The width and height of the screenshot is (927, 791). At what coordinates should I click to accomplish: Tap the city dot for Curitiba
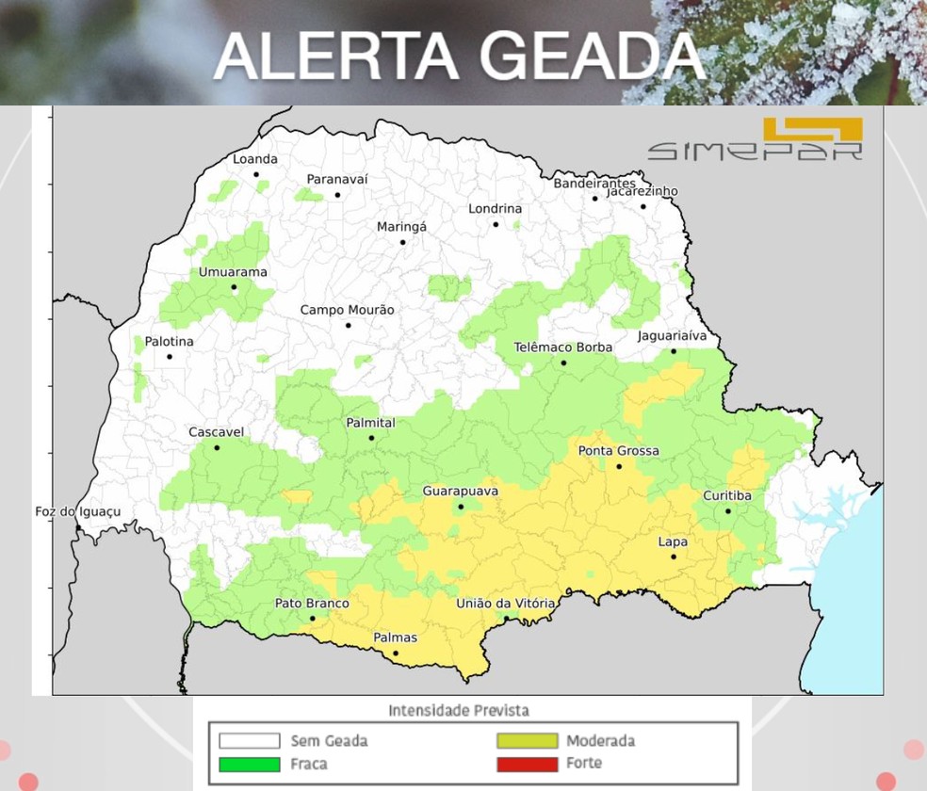point(728,511)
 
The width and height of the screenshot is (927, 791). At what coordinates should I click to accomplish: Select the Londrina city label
point(496,208)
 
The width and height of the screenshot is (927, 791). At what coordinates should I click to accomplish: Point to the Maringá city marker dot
point(402,242)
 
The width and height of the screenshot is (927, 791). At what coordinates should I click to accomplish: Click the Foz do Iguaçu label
point(78,511)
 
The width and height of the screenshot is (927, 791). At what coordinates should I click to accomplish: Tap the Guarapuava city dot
point(461,507)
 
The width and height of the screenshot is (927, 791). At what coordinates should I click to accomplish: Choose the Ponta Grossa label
point(618,451)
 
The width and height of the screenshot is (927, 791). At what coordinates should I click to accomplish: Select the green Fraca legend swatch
point(250,764)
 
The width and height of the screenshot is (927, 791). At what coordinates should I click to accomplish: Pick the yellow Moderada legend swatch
point(528,741)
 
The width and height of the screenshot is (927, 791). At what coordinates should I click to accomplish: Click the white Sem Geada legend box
point(250,741)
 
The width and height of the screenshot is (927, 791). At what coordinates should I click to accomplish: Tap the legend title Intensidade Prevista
point(459,710)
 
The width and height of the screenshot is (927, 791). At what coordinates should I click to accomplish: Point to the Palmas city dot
point(396,653)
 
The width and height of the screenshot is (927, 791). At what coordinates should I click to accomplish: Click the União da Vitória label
point(505,603)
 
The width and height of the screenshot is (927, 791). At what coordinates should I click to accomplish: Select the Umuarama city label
point(233,272)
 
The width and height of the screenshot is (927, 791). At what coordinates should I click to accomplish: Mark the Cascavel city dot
point(217,447)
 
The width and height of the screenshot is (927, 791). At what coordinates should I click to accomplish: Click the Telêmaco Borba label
point(563,347)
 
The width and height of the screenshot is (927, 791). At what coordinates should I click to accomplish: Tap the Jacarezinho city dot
point(643,206)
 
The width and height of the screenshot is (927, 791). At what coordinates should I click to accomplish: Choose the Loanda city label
point(255,159)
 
